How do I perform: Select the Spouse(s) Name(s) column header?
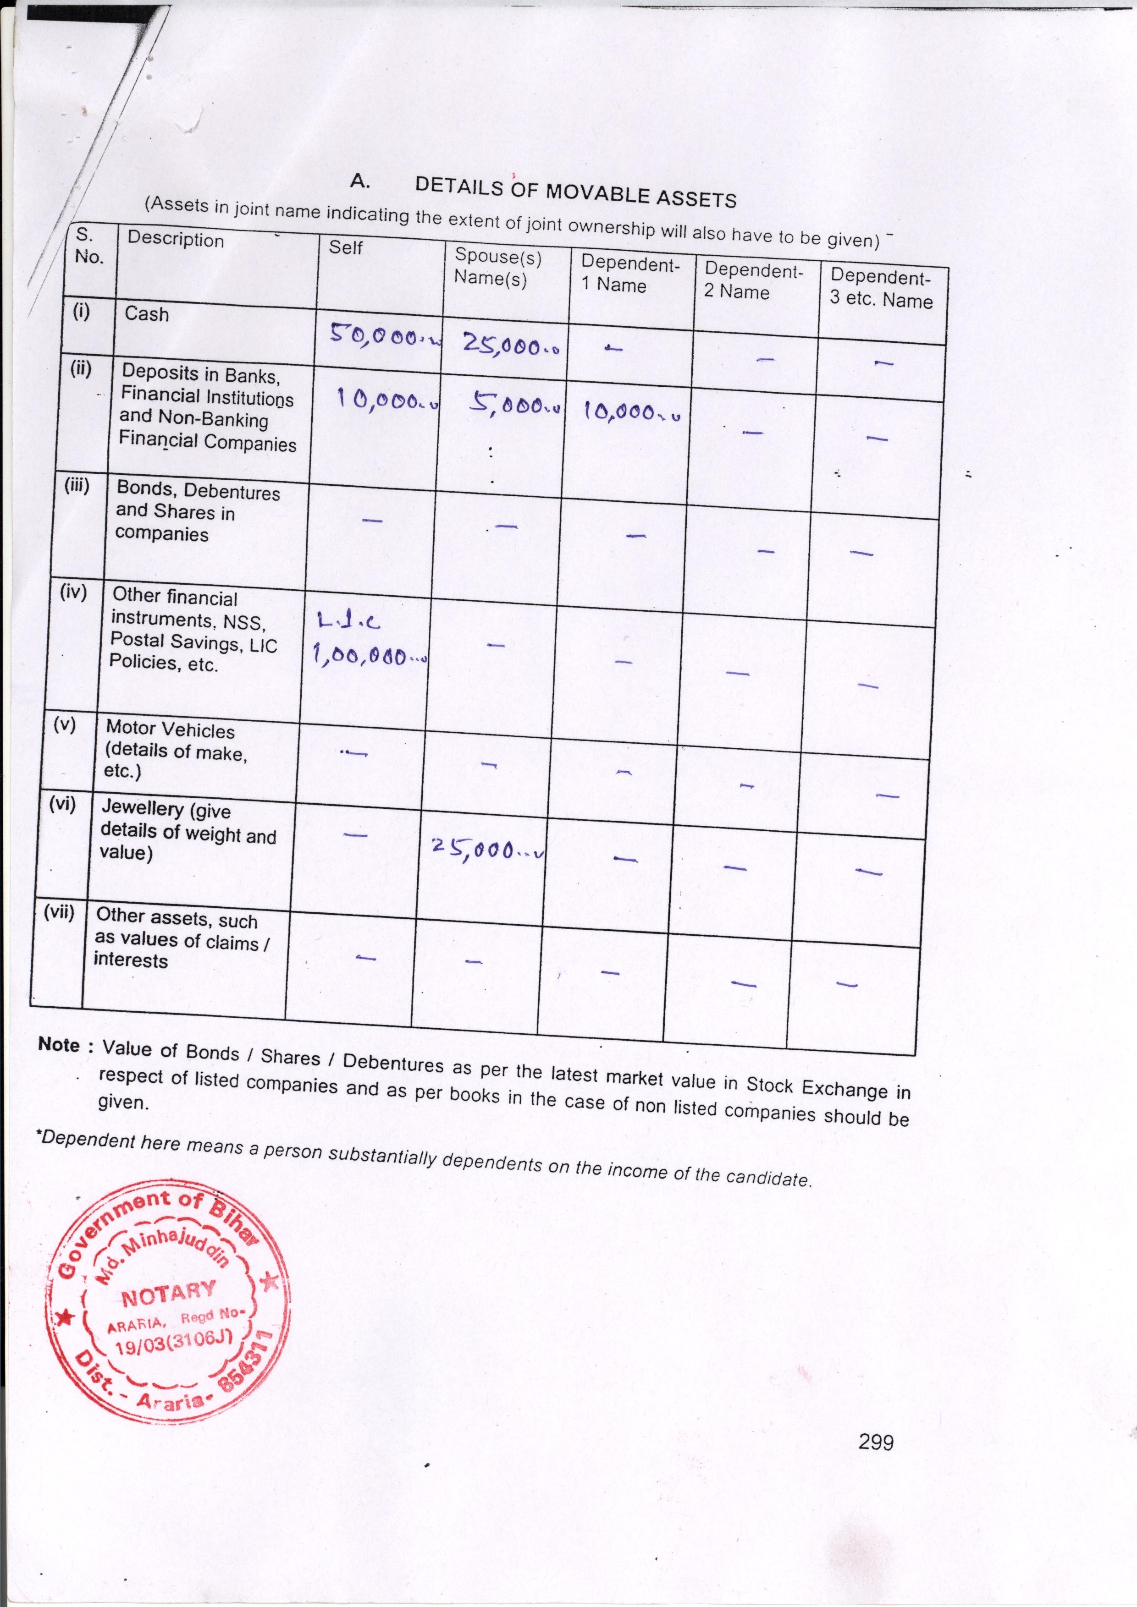click(x=498, y=267)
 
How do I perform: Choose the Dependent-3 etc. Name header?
click(x=881, y=288)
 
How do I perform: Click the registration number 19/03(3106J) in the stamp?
click(x=177, y=1344)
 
